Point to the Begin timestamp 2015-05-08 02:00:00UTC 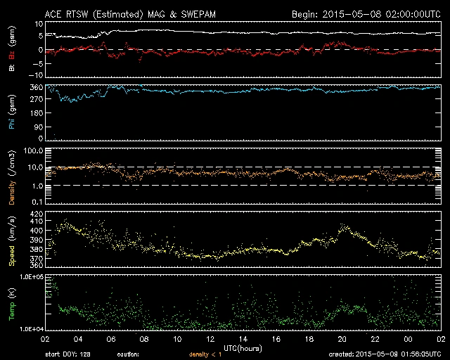[x=366, y=13]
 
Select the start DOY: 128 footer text [x=67, y=354]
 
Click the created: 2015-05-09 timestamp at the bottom [x=386, y=354]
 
